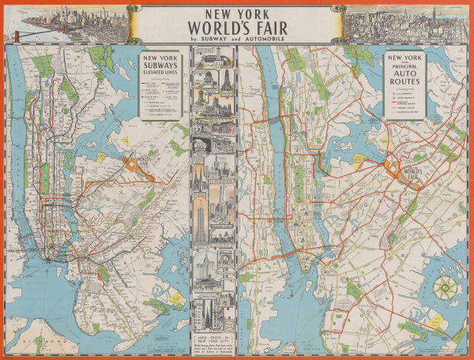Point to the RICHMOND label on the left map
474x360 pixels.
[x=32, y=341]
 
